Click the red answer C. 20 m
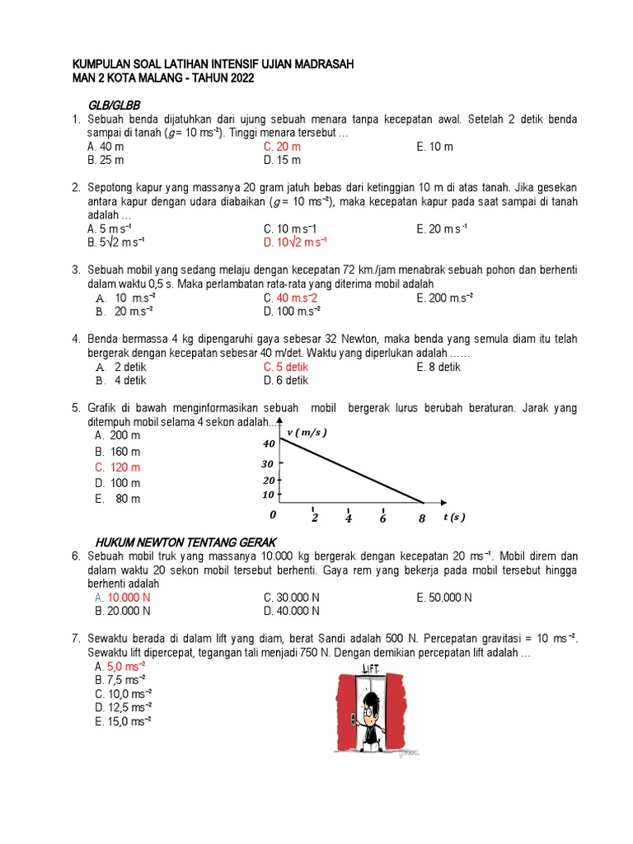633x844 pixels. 282,147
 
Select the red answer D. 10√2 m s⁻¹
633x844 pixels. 295,242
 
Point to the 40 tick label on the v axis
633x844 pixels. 268,443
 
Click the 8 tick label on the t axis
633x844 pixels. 421,518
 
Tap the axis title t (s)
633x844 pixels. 453,518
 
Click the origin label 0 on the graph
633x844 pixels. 273,515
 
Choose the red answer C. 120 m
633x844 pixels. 117,467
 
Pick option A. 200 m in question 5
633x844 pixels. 117,435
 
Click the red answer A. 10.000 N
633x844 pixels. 122,598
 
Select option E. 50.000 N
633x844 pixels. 444,598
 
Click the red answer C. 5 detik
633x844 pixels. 286,367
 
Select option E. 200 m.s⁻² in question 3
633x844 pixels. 446,298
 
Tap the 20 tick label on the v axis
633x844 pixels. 268,481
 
